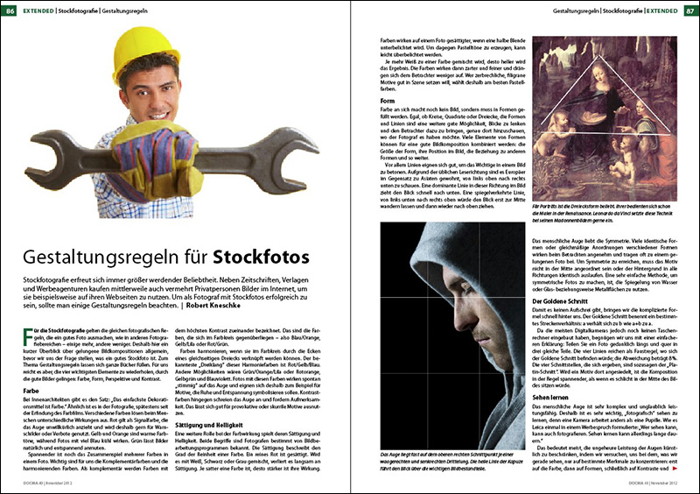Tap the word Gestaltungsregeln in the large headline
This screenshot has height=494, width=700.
point(114,258)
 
